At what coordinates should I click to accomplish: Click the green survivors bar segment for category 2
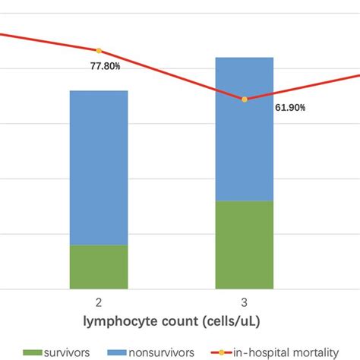[x=99, y=267]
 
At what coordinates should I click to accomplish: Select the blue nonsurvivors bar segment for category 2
[x=99, y=167]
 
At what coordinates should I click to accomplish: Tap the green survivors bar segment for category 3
[x=245, y=245]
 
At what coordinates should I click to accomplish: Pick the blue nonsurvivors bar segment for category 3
[x=245, y=129]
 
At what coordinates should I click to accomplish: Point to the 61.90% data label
[x=290, y=108]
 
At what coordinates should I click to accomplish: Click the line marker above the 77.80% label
[x=99, y=51]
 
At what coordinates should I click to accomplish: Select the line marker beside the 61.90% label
[x=245, y=99]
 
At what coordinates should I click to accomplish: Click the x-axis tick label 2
[x=99, y=302]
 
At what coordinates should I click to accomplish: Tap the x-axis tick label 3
[x=245, y=302]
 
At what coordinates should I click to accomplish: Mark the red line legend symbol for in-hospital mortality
[x=219, y=352]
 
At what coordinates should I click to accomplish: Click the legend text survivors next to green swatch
[x=72, y=352]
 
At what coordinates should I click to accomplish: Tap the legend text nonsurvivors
[x=166, y=352]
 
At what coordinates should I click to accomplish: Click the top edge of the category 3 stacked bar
[x=245, y=58]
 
